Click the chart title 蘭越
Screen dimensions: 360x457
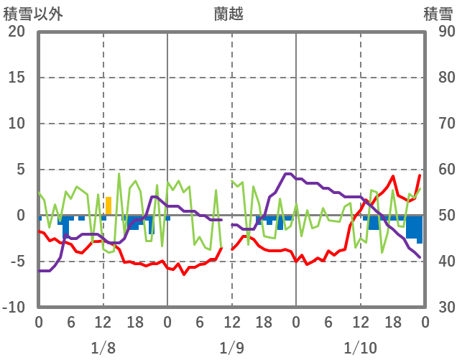pos(231,13)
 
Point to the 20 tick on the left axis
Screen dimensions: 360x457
pos(16,32)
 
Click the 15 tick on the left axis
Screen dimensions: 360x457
pos(16,78)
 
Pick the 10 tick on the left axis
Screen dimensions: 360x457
pos(16,124)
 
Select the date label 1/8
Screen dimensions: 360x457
pos(103,348)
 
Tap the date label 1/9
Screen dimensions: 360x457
pos(231,348)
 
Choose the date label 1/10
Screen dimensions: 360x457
pos(360,348)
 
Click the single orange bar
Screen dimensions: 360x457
pos(109,206)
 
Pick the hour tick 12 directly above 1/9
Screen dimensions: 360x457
pos(231,323)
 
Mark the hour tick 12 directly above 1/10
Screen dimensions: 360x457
pos(360,323)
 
